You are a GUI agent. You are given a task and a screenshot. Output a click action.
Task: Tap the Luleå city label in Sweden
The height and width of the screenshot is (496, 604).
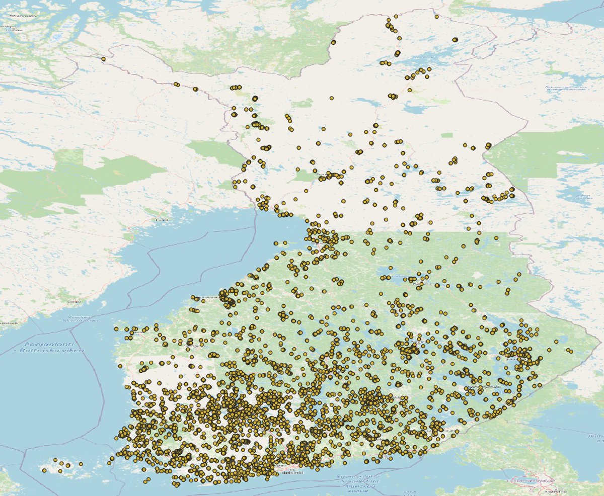click(x=162, y=219)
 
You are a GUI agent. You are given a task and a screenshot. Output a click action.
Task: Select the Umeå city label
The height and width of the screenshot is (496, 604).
click(x=74, y=301)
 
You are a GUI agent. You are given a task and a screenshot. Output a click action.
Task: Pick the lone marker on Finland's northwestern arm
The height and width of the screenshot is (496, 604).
click(x=103, y=59)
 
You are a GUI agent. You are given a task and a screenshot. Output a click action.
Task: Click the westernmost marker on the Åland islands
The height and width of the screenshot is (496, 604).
click(x=44, y=470)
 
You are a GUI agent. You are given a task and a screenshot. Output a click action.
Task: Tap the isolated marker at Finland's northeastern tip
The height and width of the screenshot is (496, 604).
click(x=436, y=17)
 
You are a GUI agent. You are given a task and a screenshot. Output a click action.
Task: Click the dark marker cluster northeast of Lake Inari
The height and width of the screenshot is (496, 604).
click(x=455, y=39)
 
